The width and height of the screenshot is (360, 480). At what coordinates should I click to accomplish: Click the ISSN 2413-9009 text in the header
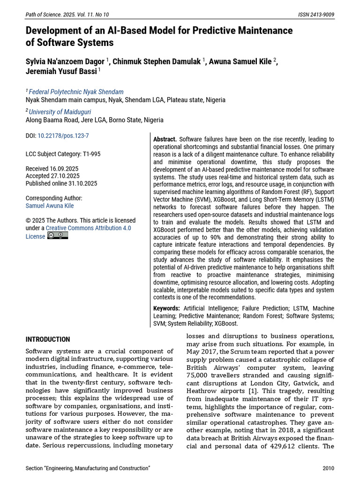(316, 15)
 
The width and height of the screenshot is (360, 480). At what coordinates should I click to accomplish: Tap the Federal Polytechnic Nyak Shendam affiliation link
(76, 92)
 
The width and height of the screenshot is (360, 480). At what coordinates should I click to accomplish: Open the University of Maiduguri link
(60, 112)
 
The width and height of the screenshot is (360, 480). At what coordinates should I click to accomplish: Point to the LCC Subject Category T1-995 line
(63, 154)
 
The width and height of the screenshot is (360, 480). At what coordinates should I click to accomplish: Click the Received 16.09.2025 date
(52, 169)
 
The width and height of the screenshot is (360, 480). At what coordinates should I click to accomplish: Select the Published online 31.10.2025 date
(61, 183)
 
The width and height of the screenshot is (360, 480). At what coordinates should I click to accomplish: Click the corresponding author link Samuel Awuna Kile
(50, 206)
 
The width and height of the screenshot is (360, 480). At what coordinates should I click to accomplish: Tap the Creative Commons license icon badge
(58, 236)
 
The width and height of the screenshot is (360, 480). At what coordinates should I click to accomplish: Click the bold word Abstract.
(165, 139)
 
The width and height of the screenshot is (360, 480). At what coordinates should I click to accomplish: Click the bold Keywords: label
(166, 308)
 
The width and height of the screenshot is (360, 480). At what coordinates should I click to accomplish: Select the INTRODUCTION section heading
(48, 339)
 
